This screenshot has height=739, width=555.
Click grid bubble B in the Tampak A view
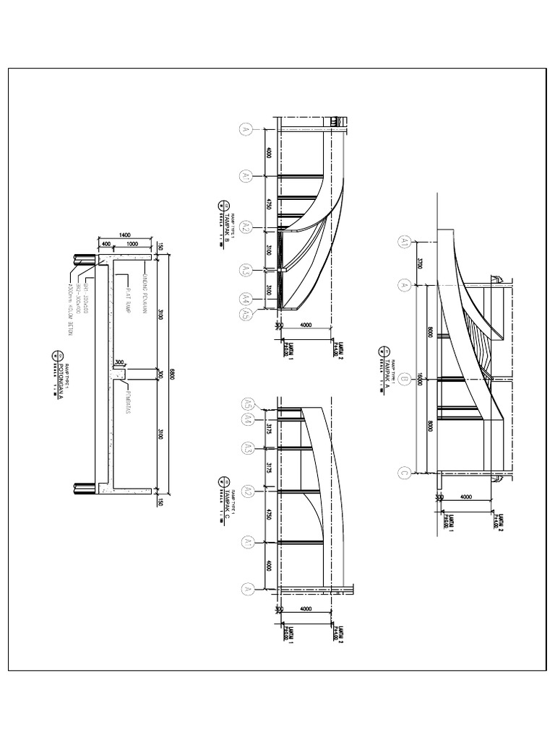[x=405, y=379]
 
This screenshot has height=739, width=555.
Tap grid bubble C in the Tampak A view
[x=405, y=474]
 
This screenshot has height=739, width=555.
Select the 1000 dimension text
[x=131, y=245]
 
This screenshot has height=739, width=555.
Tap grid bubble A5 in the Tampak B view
[x=246, y=313]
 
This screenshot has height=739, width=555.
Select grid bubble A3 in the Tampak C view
[x=246, y=450]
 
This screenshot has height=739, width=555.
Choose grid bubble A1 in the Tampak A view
[x=405, y=243]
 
